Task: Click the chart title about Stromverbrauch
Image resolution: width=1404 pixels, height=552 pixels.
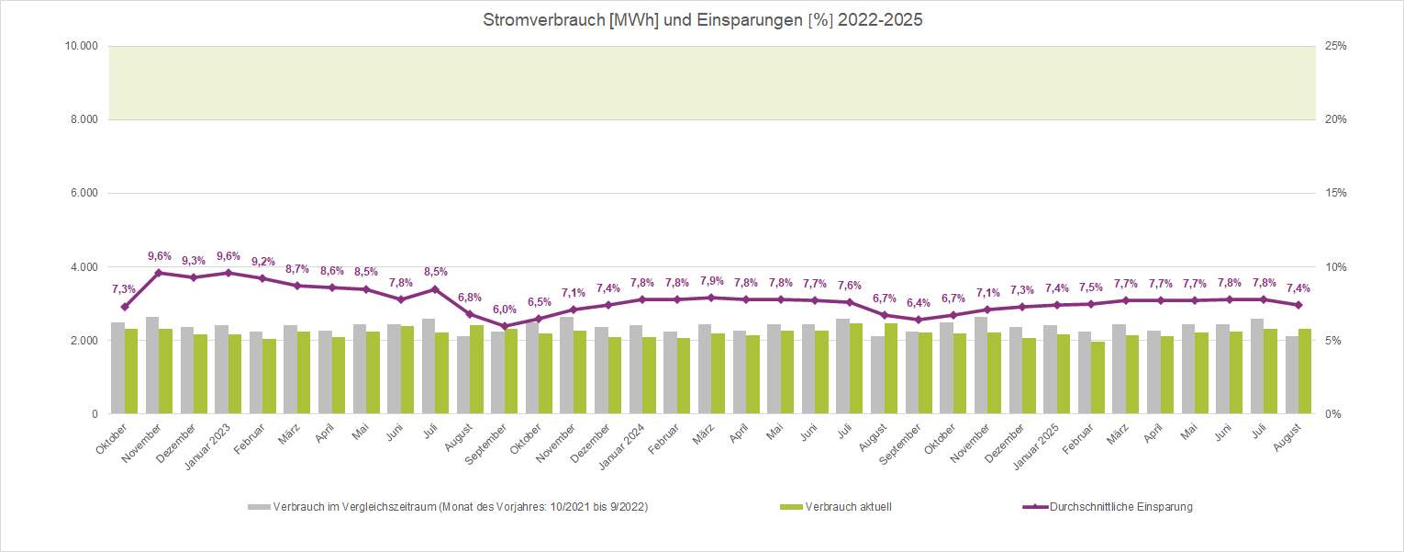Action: tap(702, 19)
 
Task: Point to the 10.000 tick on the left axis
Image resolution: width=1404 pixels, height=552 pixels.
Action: tap(82, 46)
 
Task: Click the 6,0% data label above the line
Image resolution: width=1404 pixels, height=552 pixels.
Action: tap(505, 310)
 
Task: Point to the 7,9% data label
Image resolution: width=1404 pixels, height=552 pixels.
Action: tap(711, 281)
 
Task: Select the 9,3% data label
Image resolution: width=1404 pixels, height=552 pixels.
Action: tap(194, 261)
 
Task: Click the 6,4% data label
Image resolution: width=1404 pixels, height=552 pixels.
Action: tap(919, 303)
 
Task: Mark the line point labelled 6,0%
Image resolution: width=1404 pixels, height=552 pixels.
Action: tap(504, 326)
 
